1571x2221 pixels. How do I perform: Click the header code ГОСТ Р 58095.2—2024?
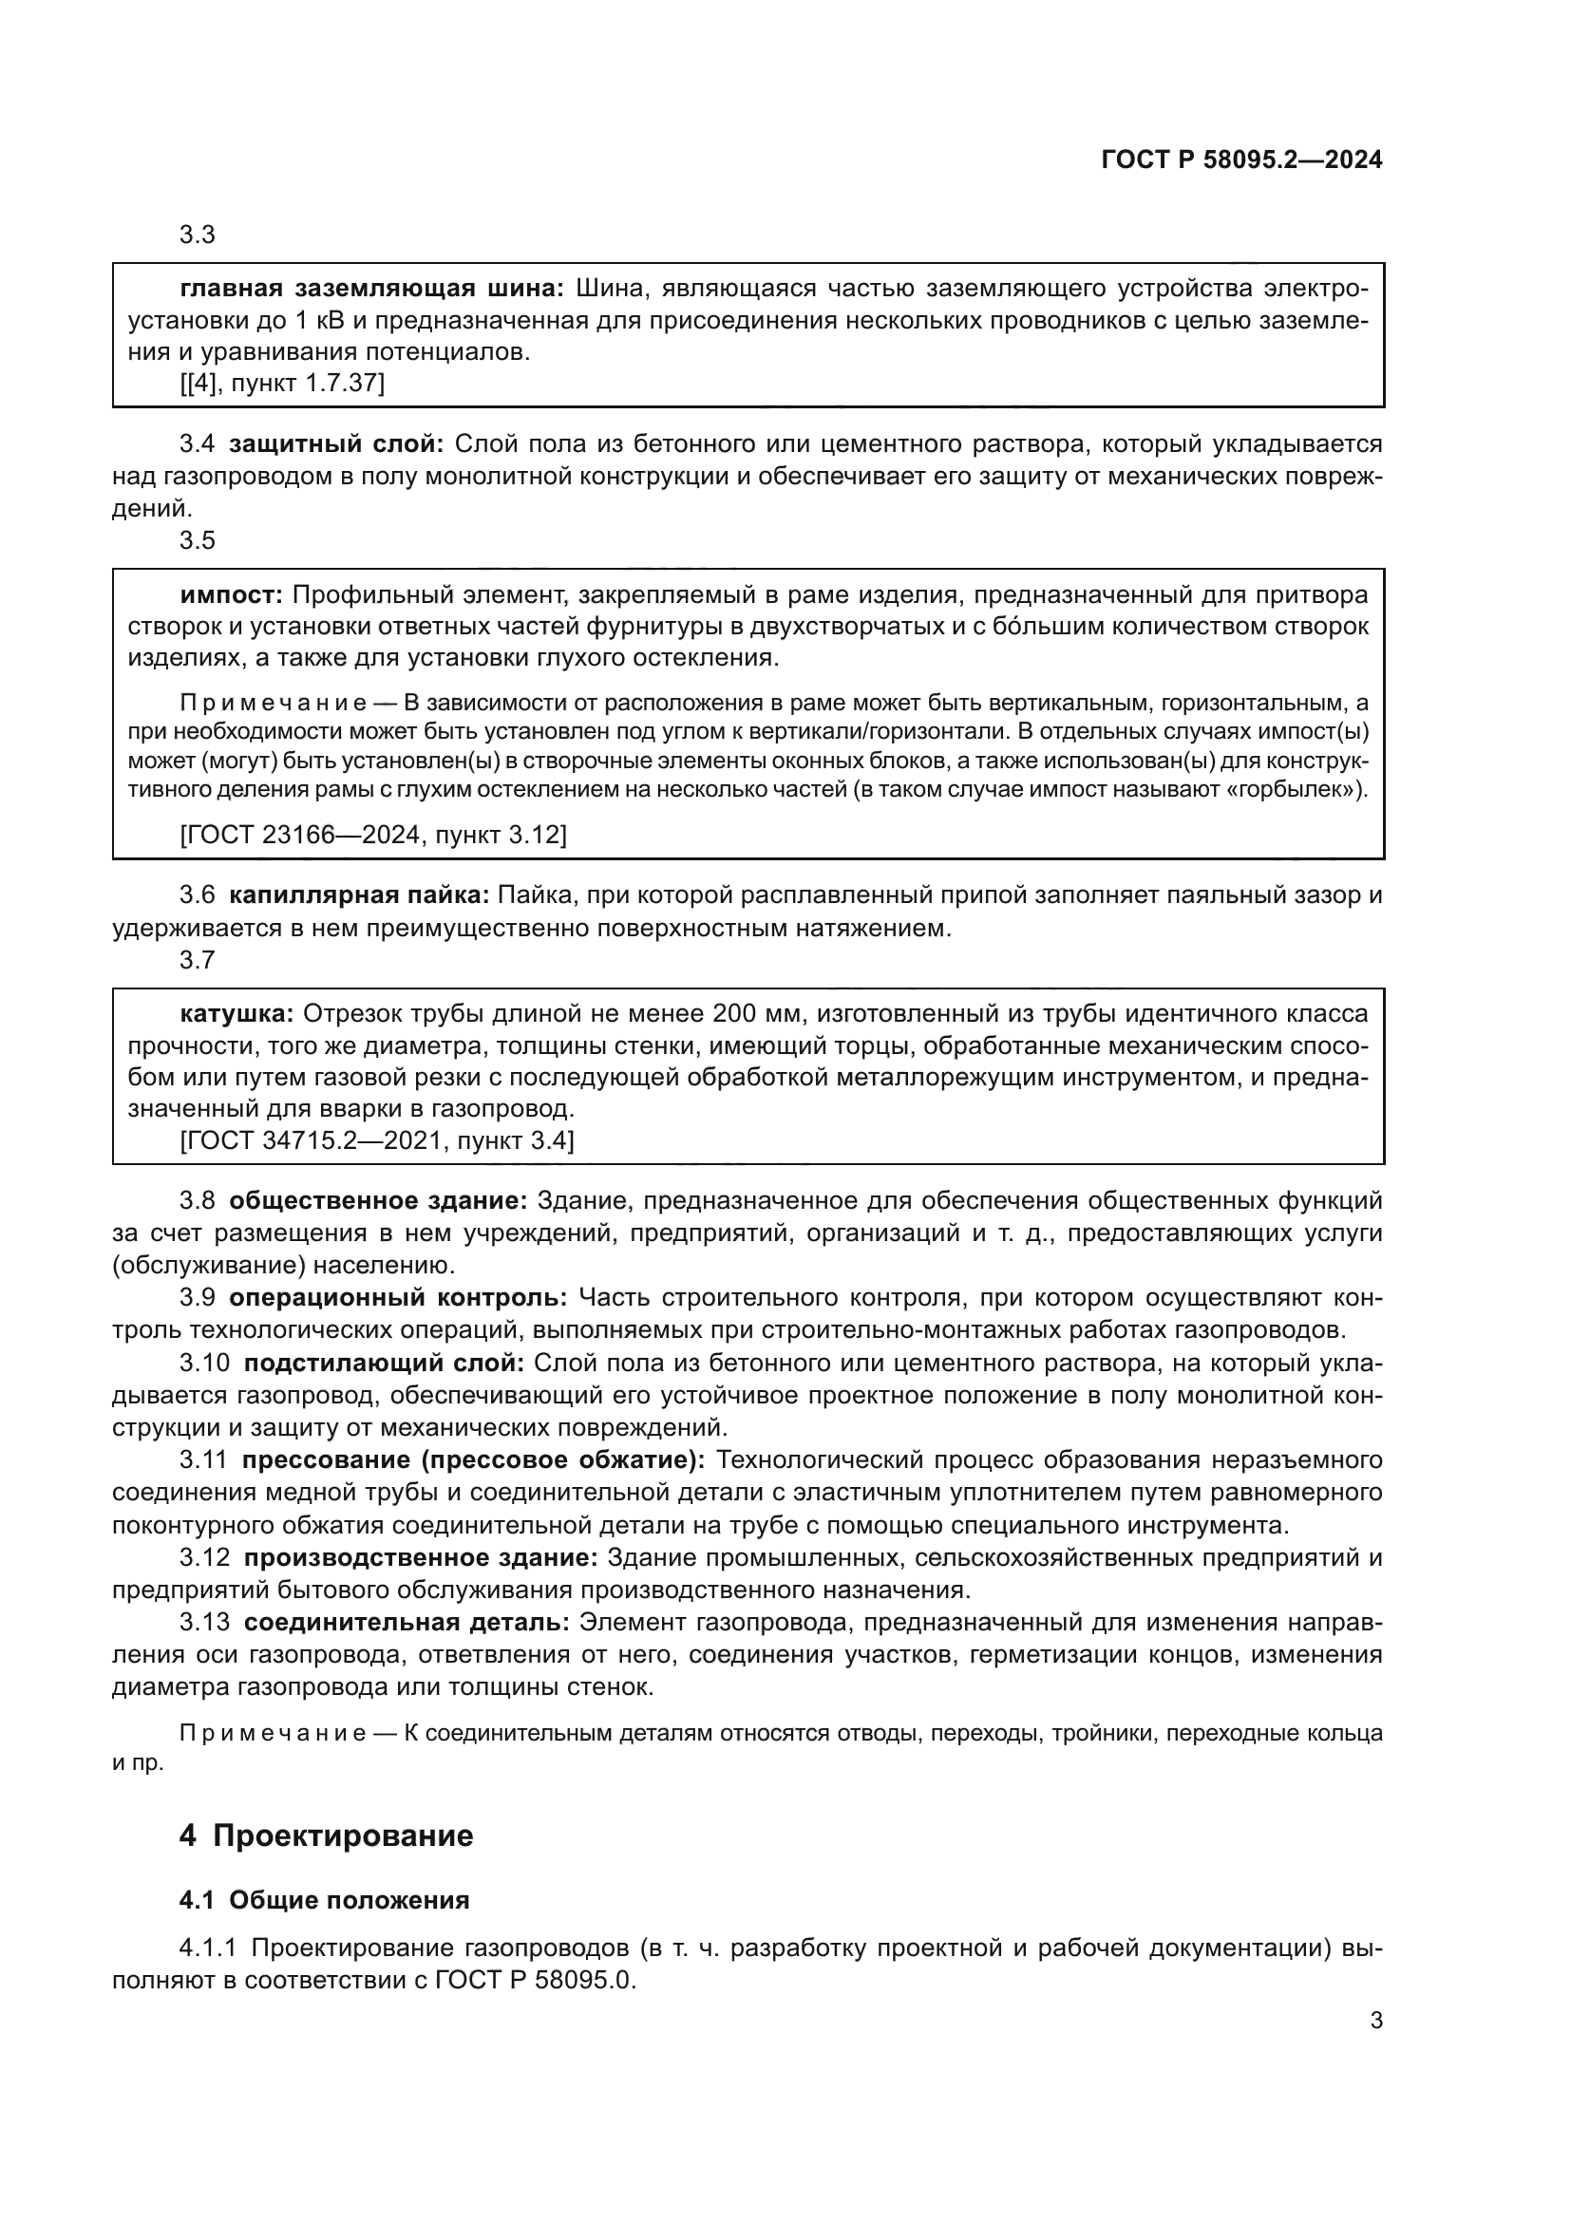pyautogui.click(x=1242, y=160)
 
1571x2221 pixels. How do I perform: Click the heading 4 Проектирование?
pyautogui.click(x=326, y=1835)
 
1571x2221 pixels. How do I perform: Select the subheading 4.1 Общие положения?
pyautogui.click(x=324, y=1900)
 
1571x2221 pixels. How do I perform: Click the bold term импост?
pyautogui.click(x=231, y=593)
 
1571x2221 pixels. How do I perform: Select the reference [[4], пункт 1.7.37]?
pyautogui.click(x=281, y=383)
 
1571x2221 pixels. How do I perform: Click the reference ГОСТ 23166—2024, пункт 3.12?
pyautogui.click(x=373, y=834)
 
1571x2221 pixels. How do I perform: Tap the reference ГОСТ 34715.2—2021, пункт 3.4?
pyautogui.click(x=377, y=1141)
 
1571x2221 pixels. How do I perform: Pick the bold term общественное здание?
pyautogui.click(x=377, y=1201)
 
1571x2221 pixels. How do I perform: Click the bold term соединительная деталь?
pyautogui.click(x=406, y=1622)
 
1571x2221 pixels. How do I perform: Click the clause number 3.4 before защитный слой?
pyautogui.click(x=198, y=444)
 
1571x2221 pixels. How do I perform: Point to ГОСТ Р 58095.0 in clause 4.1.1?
pyautogui.click(x=534, y=1980)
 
